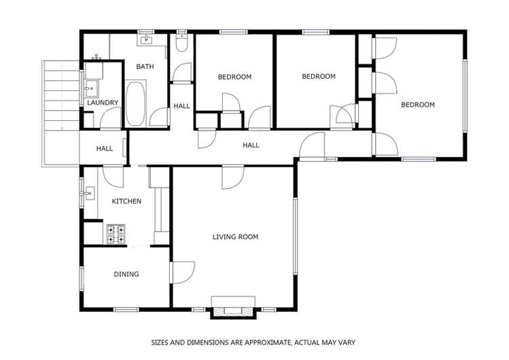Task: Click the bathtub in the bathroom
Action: [136, 104]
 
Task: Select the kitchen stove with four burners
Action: [116, 234]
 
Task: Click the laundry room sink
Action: [91, 88]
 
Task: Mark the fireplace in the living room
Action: [234, 307]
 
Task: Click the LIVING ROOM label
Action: [235, 237]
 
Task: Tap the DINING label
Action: [126, 274]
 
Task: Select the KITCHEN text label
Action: [126, 201]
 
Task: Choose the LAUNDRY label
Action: [103, 103]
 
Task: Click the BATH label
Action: [145, 67]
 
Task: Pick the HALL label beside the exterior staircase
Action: [104, 149]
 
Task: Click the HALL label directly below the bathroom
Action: [181, 106]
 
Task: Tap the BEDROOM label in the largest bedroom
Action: [417, 105]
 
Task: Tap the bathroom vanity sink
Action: [147, 39]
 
